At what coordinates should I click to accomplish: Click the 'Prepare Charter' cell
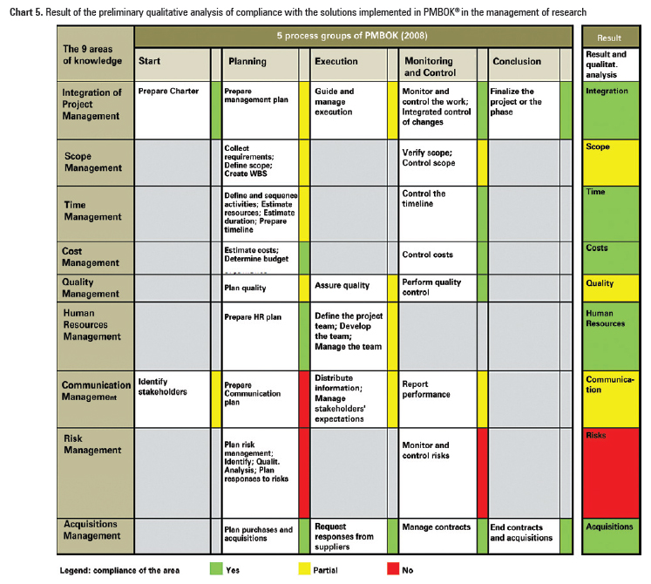[171, 110]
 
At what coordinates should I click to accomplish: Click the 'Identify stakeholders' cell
[171, 399]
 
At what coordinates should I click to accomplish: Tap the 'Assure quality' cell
[348, 288]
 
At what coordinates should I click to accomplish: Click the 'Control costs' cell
[436, 256]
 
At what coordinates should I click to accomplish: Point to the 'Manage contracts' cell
[436, 535]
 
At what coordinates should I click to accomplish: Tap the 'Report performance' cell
[436, 399]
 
